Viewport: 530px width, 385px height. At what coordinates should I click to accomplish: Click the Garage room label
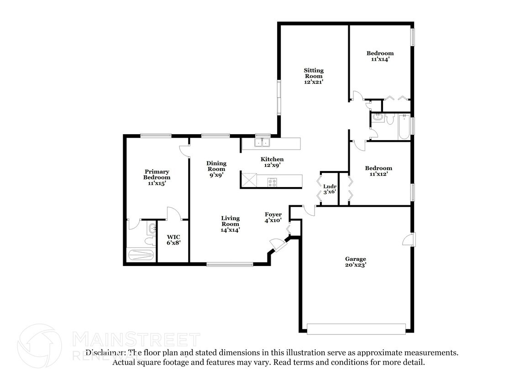click(356, 259)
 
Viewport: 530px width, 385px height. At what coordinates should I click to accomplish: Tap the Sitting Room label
click(314, 73)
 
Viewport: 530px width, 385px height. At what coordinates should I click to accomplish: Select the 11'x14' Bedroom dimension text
click(380, 59)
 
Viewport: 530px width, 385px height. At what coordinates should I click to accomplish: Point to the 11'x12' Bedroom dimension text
click(378, 174)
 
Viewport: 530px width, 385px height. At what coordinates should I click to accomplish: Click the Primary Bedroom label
click(157, 174)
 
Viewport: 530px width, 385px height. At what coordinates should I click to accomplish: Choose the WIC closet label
click(173, 237)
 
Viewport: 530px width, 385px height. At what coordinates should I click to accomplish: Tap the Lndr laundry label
click(330, 186)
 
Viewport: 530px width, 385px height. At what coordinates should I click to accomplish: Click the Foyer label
click(273, 214)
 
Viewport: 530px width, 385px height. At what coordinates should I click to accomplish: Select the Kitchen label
click(272, 159)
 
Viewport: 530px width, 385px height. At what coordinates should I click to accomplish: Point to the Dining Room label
click(216, 166)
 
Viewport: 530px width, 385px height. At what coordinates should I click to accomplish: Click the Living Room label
click(231, 221)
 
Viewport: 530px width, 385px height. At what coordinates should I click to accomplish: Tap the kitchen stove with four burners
click(272, 182)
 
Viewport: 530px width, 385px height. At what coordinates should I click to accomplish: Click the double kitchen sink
click(262, 143)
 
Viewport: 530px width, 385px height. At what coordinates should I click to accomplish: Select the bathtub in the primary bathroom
click(141, 254)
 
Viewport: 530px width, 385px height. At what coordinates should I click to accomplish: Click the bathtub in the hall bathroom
click(404, 127)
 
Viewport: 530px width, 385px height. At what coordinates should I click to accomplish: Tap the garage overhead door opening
click(356, 329)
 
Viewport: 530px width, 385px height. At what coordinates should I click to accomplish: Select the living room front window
click(230, 265)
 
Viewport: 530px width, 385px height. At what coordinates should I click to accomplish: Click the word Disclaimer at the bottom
click(106, 353)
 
